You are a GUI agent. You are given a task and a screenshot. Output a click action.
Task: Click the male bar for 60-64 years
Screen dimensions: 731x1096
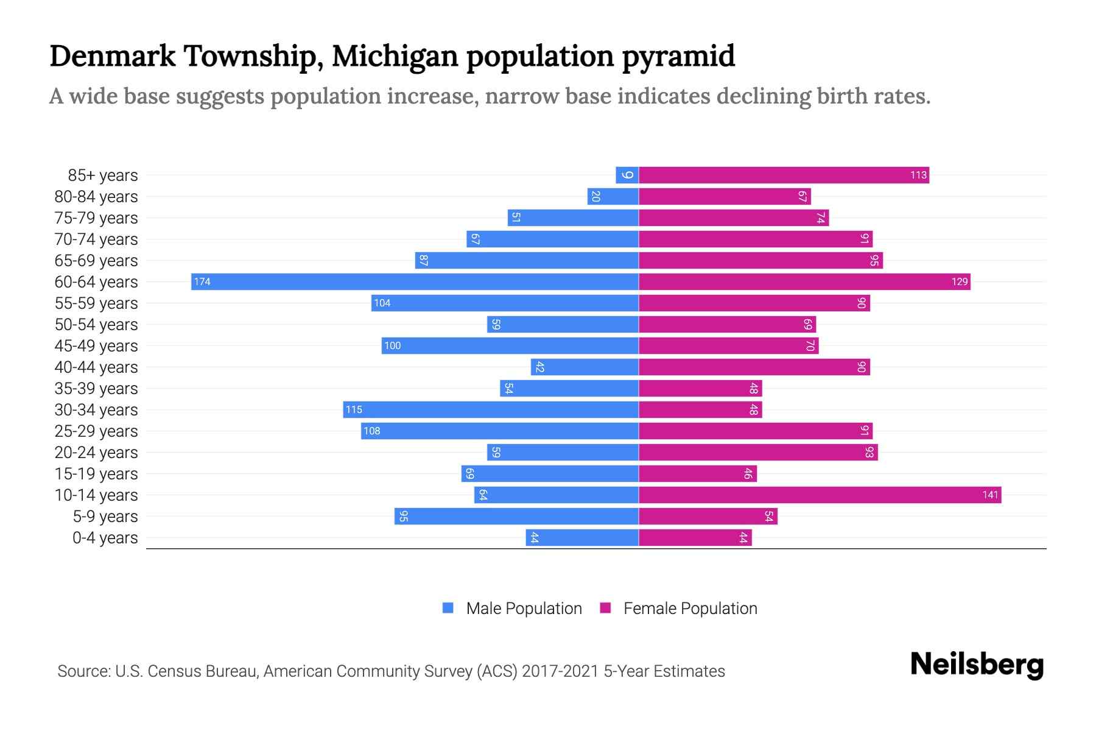pos(414,281)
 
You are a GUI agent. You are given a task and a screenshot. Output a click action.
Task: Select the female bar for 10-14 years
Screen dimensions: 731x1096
pos(819,495)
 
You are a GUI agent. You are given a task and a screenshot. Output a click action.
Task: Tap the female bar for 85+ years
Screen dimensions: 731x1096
pos(784,175)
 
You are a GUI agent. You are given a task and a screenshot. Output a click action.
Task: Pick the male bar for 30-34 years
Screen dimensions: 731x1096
pos(490,409)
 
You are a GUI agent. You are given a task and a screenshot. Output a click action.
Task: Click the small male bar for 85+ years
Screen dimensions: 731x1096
pos(627,175)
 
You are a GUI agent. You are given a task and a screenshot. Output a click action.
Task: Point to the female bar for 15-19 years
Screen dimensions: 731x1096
pos(697,473)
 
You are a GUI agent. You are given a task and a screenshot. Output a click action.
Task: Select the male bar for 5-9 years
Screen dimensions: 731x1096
pos(516,516)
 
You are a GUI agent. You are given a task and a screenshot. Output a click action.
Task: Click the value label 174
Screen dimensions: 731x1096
pos(202,281)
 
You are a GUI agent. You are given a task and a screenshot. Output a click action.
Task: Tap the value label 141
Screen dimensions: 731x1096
pos(990,495)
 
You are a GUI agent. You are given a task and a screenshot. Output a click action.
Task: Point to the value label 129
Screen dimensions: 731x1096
pos(959,281)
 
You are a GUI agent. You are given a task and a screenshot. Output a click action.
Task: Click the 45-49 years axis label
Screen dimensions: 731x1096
pos(96,346)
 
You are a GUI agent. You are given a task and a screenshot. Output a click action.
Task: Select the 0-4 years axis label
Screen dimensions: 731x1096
pos(105,538)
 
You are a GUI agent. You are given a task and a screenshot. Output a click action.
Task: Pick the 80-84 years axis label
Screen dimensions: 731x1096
pos(96,197)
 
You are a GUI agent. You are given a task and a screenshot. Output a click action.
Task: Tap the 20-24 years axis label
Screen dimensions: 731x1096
pos(96,453)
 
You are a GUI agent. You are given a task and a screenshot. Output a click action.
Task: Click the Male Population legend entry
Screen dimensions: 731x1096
pos(512,608)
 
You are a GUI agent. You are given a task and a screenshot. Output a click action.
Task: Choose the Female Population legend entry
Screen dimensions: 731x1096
pos(678,608)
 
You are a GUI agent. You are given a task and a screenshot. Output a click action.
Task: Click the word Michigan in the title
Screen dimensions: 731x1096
pos(395,56)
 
